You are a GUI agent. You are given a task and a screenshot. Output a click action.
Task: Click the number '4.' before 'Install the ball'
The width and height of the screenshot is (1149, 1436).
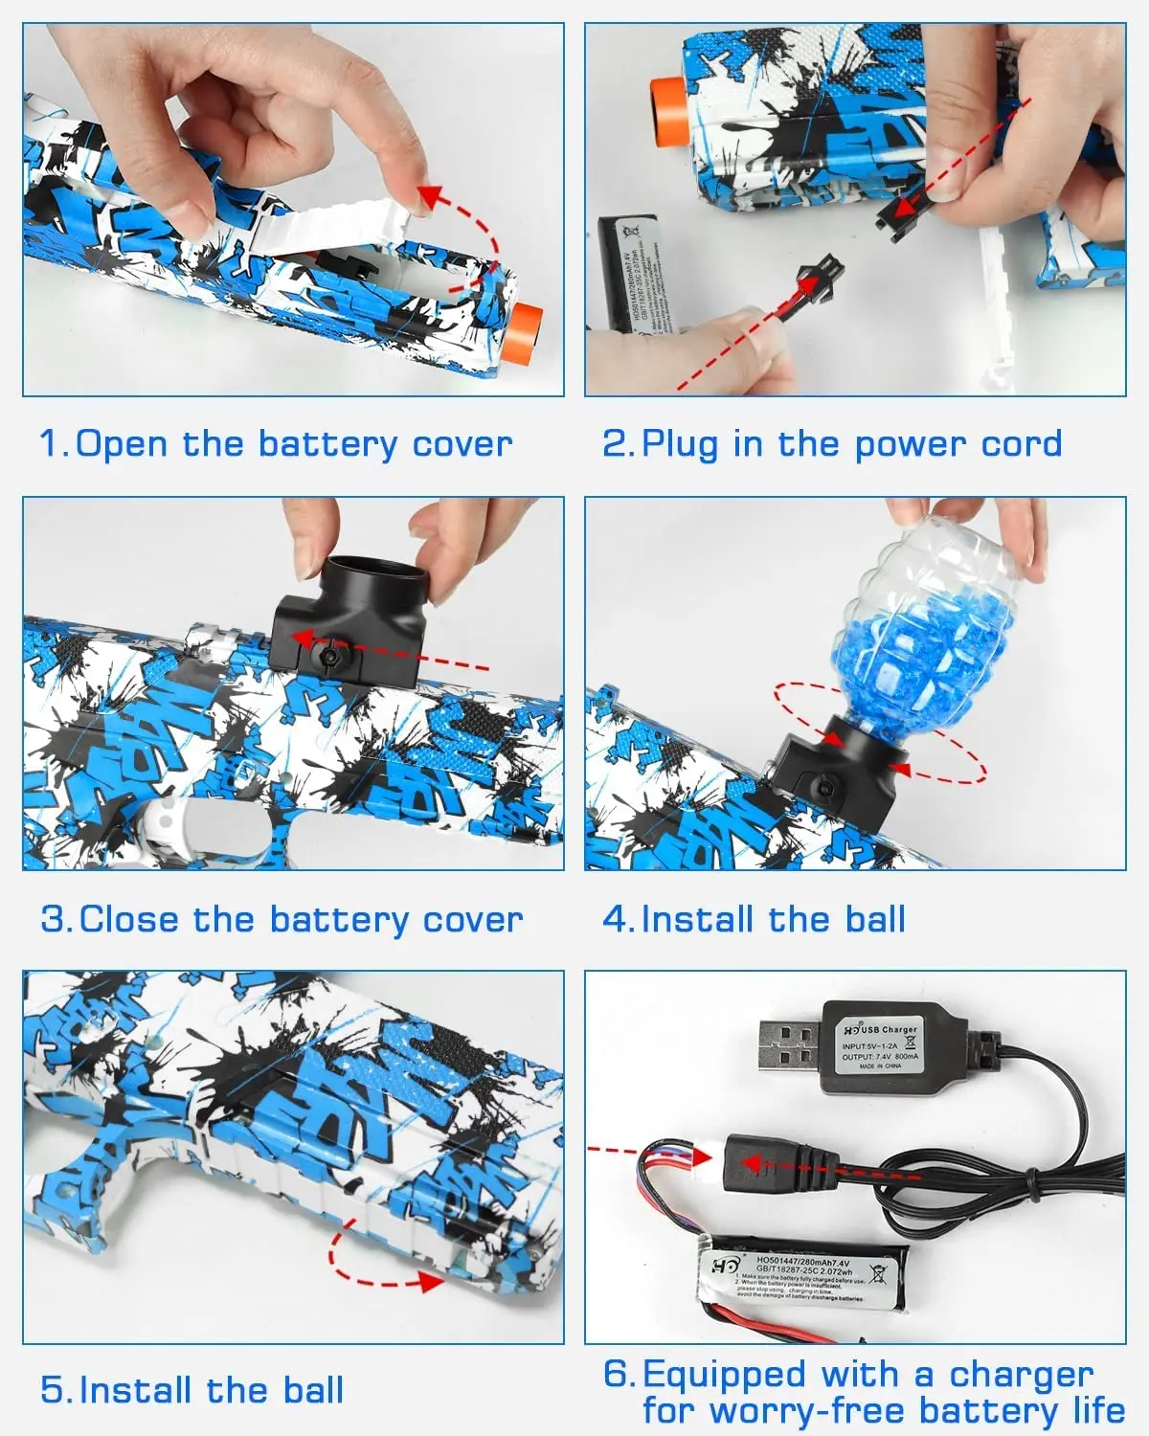(x=618, y=920)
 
